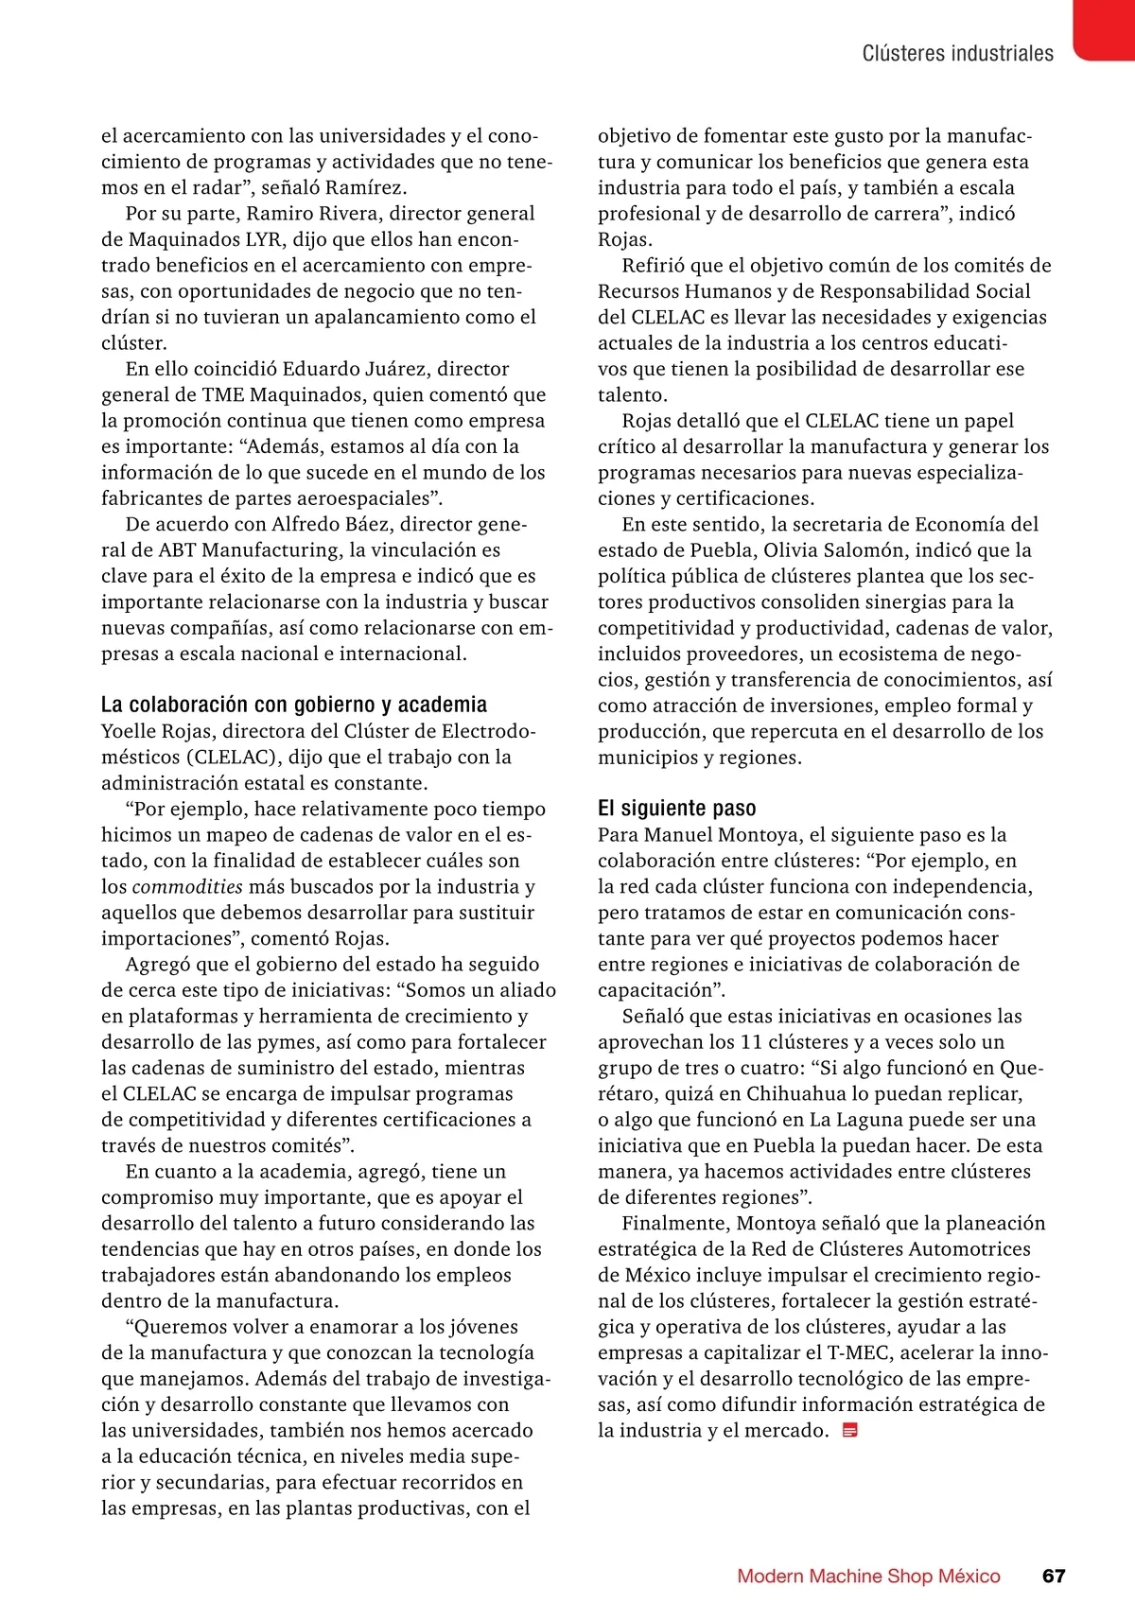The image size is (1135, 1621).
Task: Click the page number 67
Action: pos(1053,1576)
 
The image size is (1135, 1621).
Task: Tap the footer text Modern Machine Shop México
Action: pos(868,1576)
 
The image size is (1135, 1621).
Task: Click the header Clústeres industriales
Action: pos(957,54)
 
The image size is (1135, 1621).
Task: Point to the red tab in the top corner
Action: pos(1104,29)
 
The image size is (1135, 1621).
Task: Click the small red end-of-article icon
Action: pos(849,1431)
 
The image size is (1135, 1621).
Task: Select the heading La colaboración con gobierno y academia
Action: pos(294,705)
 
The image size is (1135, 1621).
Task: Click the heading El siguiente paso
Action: pos(676,809)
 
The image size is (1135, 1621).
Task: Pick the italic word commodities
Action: pos(187,887)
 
